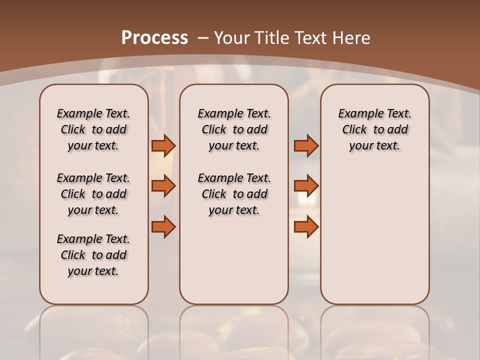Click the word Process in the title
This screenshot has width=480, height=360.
(x=154, y=37)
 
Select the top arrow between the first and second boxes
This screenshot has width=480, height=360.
(x=163, y=145)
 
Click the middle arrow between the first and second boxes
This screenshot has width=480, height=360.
(x=163, y=186)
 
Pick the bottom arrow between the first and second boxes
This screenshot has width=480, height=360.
(x=163, y=226)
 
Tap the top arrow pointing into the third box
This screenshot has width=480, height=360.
(x=306, y=145)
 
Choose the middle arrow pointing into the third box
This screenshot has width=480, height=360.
(x=306, y=186)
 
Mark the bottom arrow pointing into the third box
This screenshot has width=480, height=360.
(x=306, y=226)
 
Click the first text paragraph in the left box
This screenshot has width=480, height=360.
(x=93, y=129)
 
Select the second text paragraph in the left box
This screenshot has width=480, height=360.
(x=93, y=194)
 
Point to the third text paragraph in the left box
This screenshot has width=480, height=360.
(x=93, y=255)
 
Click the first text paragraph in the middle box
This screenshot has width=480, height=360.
(x=234, y=129)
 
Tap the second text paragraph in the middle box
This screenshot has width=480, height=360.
(x=234, y=194)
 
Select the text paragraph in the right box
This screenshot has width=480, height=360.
(x=375, y=129)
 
